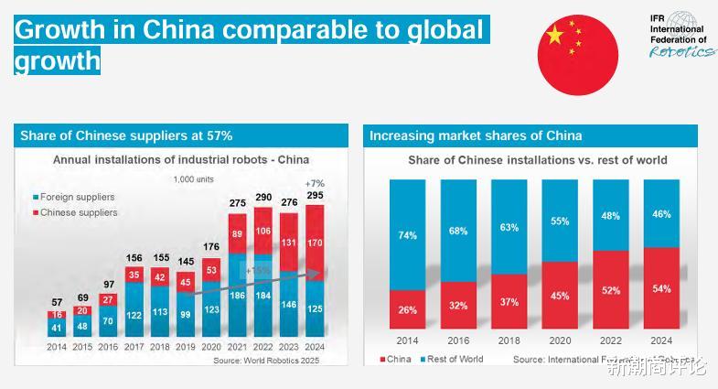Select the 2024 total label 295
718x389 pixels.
tap(316, 195)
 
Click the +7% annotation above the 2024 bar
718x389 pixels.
tap(316, 183)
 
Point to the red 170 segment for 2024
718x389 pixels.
tap(316, 243)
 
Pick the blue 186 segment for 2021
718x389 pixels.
tap(237, 296)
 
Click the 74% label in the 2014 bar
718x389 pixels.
tap(408, 235)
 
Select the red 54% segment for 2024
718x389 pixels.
tap(661, 289)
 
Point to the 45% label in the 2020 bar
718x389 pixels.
tap(560, 296)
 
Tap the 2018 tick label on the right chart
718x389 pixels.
tap(509, 340)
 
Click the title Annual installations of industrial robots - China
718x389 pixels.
tap(181, 160)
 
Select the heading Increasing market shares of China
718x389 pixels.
tap(476, 135)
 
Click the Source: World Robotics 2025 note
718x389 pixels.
tap(267, 361)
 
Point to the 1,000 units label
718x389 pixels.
tap(193, 179)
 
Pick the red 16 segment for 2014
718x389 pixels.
tap(57, 315)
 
